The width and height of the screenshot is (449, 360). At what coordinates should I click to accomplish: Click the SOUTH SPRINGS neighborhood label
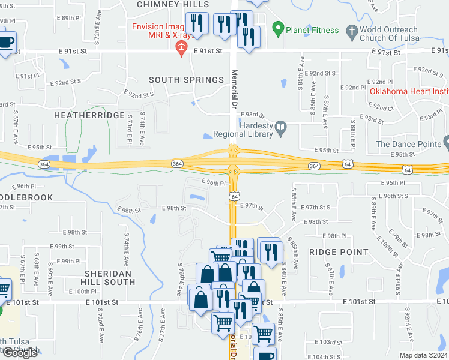(x=186, y=80)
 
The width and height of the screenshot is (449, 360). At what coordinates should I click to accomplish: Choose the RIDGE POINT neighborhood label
(x=334, y=253)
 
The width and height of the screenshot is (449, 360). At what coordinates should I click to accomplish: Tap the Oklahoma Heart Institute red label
(x=409, y=92)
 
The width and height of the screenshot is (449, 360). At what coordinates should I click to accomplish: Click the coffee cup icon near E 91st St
(x=6, y=42)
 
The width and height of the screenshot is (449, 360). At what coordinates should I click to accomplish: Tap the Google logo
(x=20, y=353)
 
